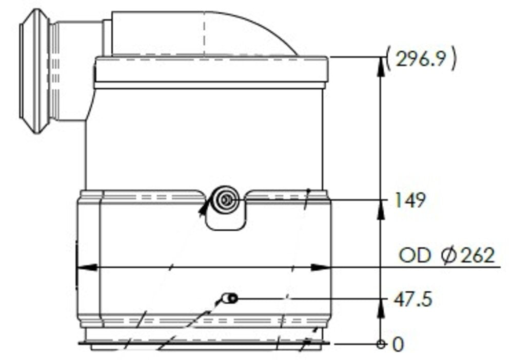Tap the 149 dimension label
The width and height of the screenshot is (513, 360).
410,201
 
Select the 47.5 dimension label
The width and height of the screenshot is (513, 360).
412,298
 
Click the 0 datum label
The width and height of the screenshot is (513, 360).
398,345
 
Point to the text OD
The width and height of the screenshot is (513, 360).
415,255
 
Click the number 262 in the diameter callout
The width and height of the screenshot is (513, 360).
477,255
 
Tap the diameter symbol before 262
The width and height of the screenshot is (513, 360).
448,255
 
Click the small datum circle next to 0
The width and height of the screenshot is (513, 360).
380,344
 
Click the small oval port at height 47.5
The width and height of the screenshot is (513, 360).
231,298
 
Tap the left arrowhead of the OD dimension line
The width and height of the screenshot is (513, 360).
86,267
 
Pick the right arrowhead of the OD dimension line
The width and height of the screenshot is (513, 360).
321,267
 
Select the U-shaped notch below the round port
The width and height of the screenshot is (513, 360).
225,221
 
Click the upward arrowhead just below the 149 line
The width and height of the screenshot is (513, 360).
380,210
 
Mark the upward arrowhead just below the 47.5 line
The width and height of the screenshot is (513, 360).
380,308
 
